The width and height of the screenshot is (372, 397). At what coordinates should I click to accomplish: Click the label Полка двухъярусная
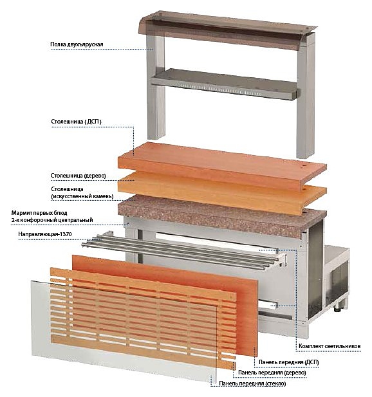[x=77, y=44]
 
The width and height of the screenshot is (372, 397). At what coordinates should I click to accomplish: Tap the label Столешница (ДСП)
[x=76, y=122]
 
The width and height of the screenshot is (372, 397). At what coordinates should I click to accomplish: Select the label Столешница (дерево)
[x=79, y=176]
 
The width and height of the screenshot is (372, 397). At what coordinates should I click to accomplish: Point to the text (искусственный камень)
[x=82, y=196]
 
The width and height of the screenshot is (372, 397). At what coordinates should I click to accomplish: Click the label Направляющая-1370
[x=45, y=234]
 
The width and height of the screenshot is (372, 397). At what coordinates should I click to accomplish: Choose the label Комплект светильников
[x=330, y=346]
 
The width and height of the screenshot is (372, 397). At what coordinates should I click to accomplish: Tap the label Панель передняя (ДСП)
[x=289, y=362]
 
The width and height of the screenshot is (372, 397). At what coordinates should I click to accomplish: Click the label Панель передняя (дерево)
[x=272, y=373]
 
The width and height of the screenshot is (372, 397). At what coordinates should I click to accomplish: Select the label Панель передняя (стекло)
[x=252, y=383]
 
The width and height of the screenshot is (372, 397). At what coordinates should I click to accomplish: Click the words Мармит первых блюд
[x=39, y=213]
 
